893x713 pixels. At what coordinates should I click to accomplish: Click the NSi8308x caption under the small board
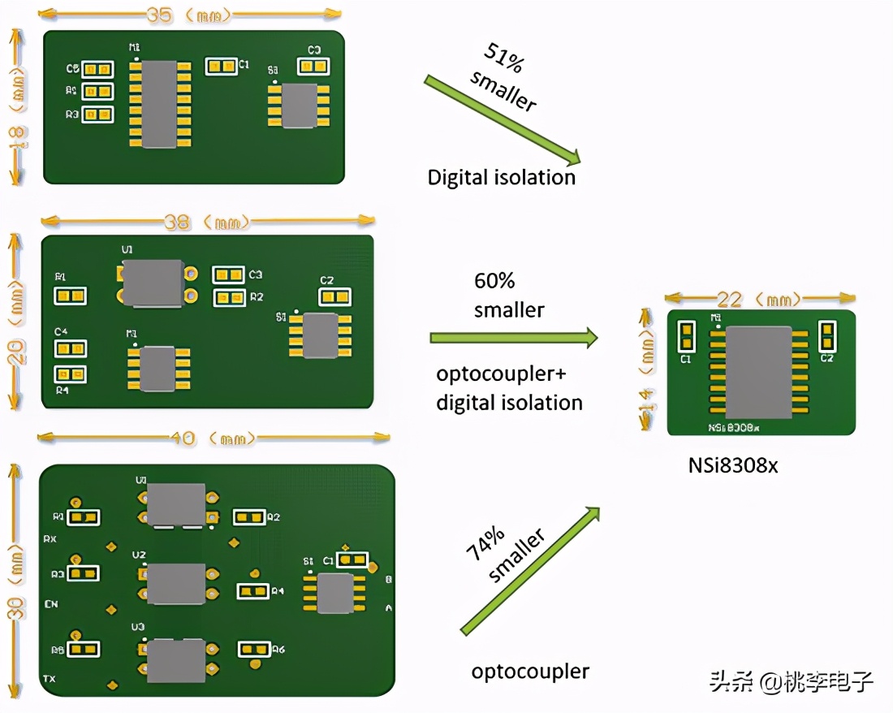[732, 466]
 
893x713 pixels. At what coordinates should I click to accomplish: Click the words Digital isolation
[502, 177]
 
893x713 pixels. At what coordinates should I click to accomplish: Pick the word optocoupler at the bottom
[530, 672]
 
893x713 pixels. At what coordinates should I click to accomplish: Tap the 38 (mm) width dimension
[207, 222]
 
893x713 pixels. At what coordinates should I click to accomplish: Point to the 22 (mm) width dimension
[759, 299]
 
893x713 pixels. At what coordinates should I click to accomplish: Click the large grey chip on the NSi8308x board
[757, 372]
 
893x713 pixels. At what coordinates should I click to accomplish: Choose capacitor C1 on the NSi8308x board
[686, 335]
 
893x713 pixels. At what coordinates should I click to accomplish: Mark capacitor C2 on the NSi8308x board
[827, 334]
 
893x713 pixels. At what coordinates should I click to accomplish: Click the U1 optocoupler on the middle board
[153, 283]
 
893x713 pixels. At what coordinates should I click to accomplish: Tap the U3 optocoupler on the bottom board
[175, 660]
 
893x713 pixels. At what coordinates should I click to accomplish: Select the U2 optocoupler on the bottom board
[175, 583]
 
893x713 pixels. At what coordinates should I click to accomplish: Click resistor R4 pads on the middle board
[71, 374]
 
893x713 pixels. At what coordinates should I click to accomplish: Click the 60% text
[494, 281]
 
